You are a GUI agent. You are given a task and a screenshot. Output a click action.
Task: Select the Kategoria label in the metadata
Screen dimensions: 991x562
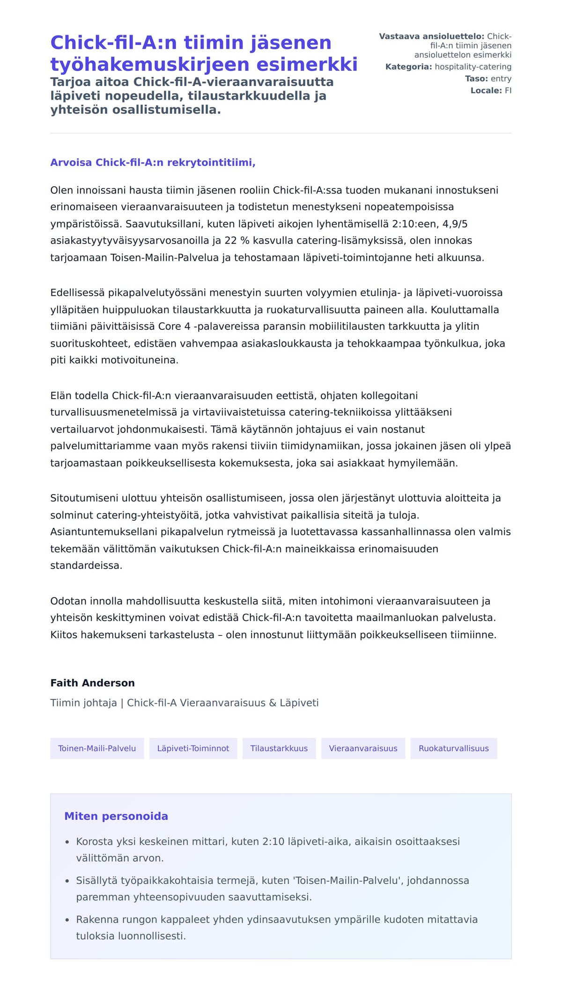(x=408, y=67)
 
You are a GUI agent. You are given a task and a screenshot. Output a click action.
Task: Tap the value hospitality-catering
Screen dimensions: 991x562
(x=473, y=67)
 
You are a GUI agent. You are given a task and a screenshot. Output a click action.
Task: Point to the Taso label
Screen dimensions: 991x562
(x=476, y=79)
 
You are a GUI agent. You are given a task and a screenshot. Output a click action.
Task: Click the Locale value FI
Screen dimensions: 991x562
(x=508, y=91)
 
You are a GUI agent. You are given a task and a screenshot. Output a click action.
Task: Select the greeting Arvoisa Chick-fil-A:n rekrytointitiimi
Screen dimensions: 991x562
(x=153, y=163)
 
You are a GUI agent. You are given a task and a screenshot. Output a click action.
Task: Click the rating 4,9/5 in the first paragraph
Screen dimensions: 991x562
(x=455, y=224)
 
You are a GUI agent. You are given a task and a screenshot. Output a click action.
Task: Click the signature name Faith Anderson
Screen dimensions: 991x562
(x=92, y=683)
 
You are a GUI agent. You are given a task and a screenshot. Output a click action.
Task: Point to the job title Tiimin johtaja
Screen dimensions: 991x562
(x=83, y=703)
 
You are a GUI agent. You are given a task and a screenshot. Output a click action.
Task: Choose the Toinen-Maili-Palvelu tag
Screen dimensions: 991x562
(x=97, y=748)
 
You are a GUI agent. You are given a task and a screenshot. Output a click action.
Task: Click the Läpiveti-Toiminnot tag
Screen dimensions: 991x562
(x=193, y=748)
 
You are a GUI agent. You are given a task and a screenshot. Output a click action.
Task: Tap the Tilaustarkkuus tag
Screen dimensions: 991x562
(x=279, y=748)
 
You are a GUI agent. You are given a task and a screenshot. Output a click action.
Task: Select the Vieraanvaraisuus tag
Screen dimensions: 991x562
(x=363, y=748)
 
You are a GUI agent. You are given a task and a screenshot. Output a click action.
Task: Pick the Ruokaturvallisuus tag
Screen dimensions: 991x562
(x=453, y=748)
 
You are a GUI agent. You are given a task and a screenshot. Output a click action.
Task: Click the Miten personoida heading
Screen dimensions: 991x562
(x=116, y=816)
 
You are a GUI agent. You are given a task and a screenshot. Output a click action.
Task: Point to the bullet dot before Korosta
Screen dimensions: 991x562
(x=67, y=842)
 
